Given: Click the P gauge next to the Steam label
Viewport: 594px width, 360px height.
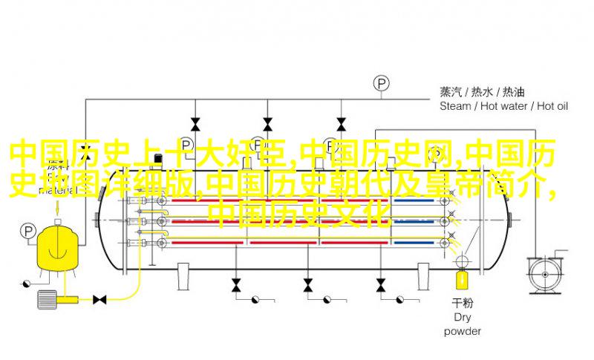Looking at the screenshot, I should (382, 83).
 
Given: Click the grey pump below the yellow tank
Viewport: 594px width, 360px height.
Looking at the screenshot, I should (47, 299).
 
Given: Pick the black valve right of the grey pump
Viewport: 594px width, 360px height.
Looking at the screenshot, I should (99, 299).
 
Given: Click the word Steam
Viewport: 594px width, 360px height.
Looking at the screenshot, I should (455, 106).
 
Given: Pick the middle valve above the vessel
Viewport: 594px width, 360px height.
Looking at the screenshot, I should (267, 122).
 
